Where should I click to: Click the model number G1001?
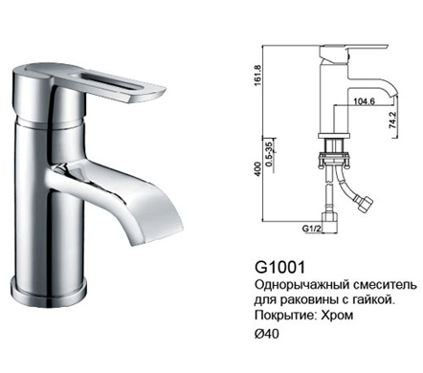[x=279, y=267]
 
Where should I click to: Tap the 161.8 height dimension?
[x=257, y=76]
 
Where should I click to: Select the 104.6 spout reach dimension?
[x=364, y=101]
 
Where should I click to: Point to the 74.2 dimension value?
[x=392, y=120]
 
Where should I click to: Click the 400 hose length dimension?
[x=257, y=168]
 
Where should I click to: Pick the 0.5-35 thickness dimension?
[x=269, y=153]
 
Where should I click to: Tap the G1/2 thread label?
[x=311, y=229]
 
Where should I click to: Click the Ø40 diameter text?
[x=267, y=334]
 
